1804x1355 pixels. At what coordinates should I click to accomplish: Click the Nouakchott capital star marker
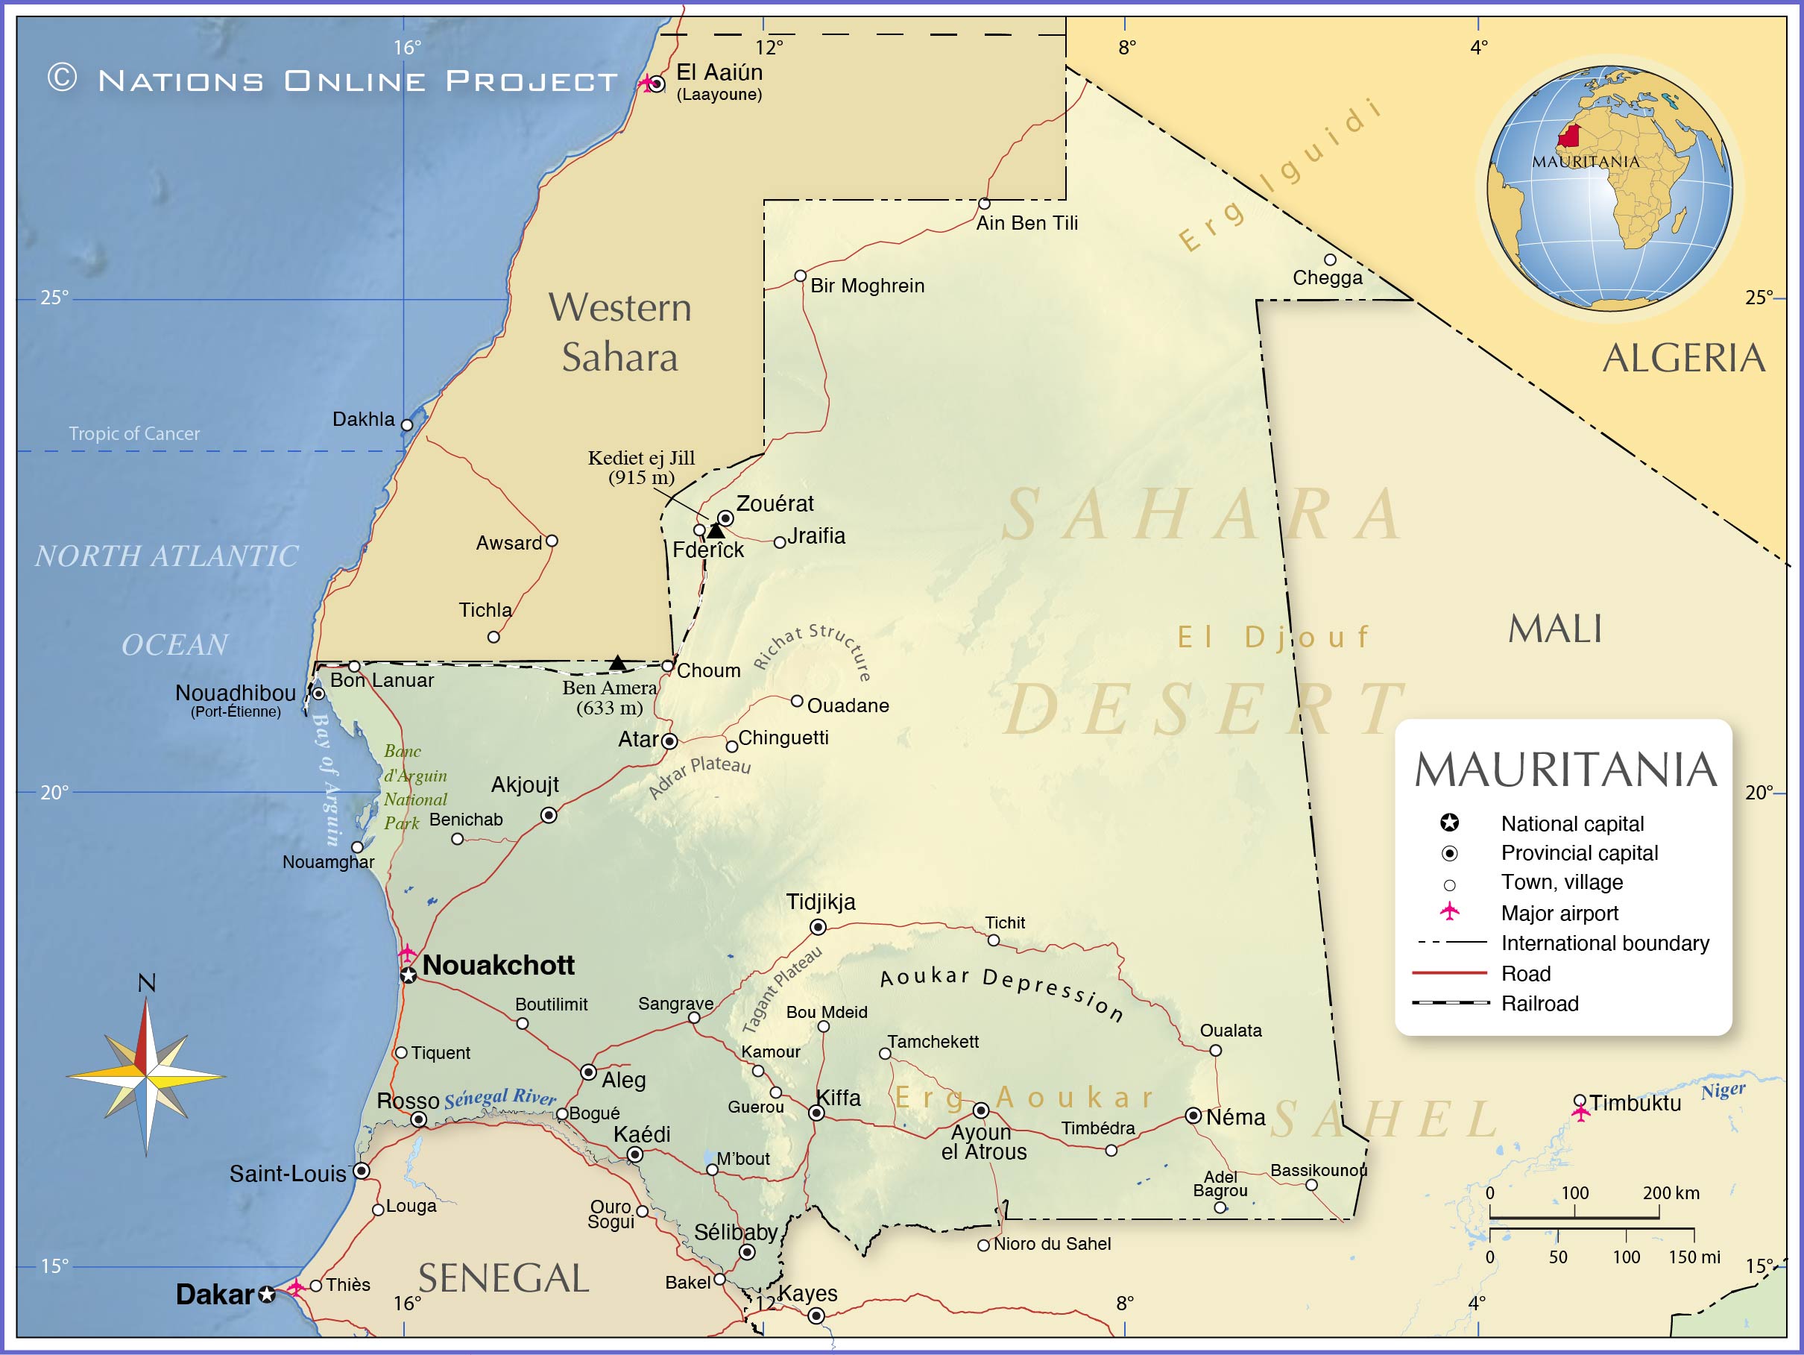click(409, 975)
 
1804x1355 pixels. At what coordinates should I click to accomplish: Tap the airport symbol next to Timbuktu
click(1580, 1113)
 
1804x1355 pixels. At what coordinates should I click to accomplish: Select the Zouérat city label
click(774, 503)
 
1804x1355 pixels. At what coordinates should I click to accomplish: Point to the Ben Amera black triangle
click(617, 662)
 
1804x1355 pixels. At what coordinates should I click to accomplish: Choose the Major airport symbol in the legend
click(1449, 911)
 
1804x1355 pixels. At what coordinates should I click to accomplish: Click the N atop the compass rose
click(147, 983)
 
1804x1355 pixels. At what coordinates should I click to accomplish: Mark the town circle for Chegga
click(1330, 260)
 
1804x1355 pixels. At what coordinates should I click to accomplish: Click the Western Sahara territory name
click(619, 332)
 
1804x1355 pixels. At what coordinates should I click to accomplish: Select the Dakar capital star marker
click(267, 1295)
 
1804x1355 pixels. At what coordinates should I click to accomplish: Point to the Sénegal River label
click(499, 1097)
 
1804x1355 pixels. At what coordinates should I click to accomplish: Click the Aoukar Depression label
click(1001, 992)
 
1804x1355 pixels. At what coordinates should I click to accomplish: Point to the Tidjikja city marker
click(818, 927)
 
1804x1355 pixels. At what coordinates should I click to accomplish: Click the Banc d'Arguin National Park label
click(414, 787)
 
